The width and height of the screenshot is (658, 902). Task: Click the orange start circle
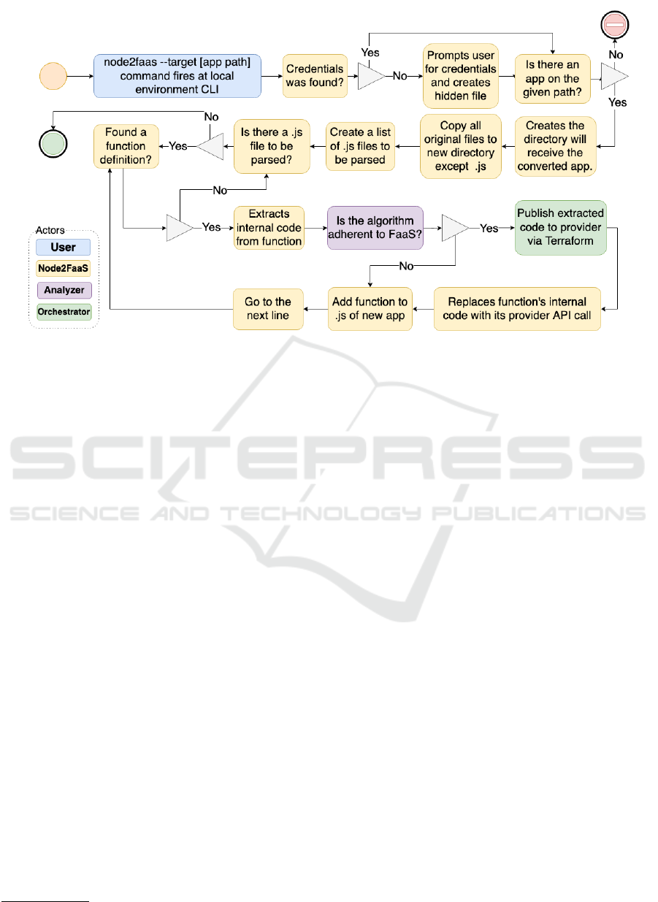pos(53,76)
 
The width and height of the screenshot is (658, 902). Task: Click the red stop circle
pos(614,25)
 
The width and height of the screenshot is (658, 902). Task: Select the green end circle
pos(53,144)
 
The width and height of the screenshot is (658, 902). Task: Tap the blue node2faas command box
pos(177,76)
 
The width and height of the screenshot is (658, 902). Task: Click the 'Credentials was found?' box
pos(315,76)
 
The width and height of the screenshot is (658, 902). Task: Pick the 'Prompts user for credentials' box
pos(461,76)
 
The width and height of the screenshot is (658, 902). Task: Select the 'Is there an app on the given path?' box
pos(553,79)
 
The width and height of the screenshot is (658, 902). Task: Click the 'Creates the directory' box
pos(555,146)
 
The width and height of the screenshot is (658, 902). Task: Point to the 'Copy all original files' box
pos(461,146)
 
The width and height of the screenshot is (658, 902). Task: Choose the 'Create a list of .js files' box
pos(360,146)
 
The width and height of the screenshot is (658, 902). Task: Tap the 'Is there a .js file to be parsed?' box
pos(272,146)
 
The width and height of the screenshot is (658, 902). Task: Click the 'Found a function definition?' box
pos(126,146)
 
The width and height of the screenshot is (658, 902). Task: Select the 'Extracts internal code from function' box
pos(269,228)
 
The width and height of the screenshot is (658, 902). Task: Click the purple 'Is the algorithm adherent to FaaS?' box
pos(375,228)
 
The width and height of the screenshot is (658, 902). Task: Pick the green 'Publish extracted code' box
pos(561,228)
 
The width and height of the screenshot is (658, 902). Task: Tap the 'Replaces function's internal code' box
pos(517,309)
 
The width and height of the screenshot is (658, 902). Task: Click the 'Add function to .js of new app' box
pos(370,309)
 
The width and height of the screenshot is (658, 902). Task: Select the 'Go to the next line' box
pos(268,309)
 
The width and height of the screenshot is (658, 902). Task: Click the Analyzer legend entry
pos(64,290)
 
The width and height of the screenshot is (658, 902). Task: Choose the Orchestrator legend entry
pos(64,312)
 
